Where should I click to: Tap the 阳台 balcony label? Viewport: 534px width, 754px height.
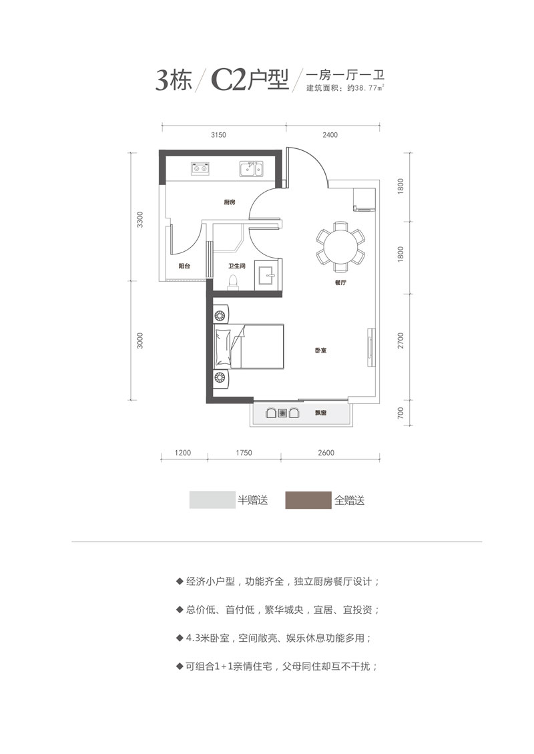coord(185,266)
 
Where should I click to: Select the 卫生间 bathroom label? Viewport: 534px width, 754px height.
coord(237,266)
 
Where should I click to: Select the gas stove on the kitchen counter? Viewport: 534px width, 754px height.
coord(200,168)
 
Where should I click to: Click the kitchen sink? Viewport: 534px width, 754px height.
coord(251,168)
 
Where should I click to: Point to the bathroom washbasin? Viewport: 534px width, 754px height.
coord(270,275)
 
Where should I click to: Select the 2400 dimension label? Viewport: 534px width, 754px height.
coord(330,135)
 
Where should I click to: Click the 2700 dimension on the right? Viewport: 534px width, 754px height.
coord(400,343)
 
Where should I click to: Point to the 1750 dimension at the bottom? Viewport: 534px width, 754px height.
coord(244,453)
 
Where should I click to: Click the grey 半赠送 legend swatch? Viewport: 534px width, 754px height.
coord(212,500)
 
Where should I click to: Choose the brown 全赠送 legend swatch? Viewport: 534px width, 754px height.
coord(308,500)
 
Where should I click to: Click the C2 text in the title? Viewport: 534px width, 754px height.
coord(227,80)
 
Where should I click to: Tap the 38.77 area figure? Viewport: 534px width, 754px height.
coord(368,87)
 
